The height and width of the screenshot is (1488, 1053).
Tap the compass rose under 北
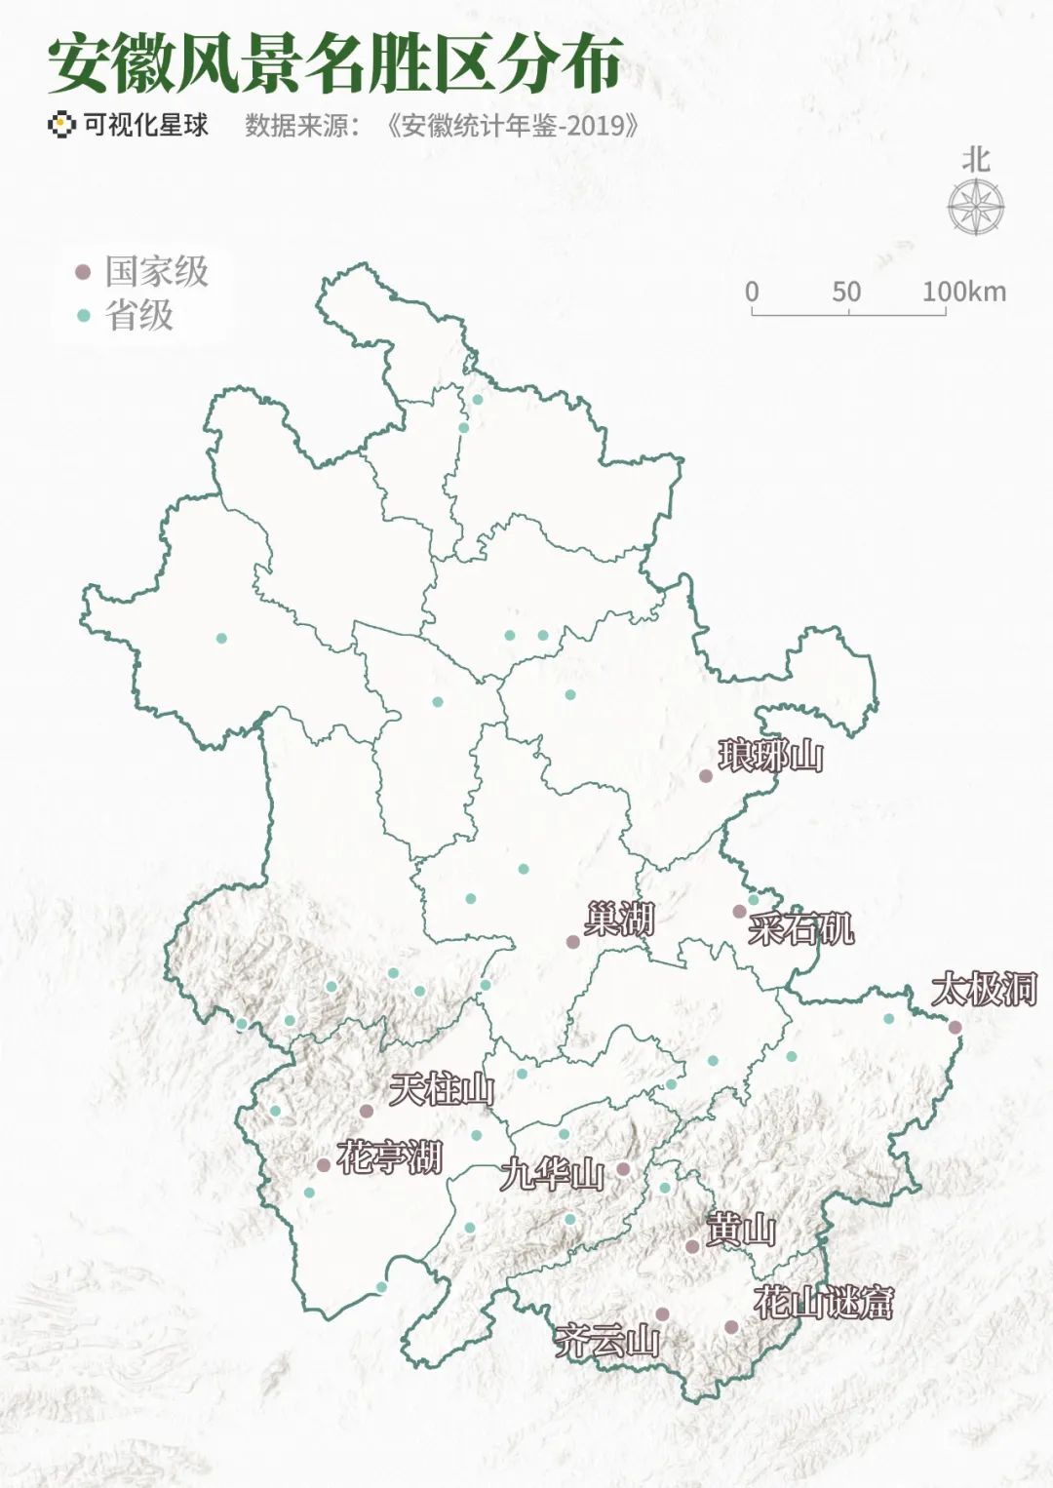click(x=976, y=208)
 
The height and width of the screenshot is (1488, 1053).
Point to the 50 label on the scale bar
click(x=846, y=292)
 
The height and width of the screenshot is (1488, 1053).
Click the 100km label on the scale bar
click(x=964, y=292)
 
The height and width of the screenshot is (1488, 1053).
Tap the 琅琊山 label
click(x=770, y=756)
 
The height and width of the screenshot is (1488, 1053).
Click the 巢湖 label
click(x=619, y=919)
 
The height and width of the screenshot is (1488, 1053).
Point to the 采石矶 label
click(x=800, y=928)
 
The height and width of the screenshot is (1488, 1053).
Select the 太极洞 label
click(x=984, y=990)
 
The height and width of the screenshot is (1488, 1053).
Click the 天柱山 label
click(x=442, y=1089)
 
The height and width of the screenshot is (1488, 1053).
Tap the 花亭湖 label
click(x=390, y=1157)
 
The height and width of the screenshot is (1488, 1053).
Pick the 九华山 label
click(x=552, y=1174)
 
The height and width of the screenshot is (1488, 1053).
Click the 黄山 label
click(x=741, y=1230)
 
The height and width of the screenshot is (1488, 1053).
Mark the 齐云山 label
click(x=606, y=1342)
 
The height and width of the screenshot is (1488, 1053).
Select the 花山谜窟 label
click(x=824, y=1303)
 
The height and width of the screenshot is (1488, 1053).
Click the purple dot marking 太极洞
click(x=955, y=1027)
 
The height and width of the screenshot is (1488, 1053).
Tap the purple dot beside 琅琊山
click(x=706, y=776)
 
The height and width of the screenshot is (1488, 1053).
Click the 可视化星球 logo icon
click(x=61, y=125)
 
